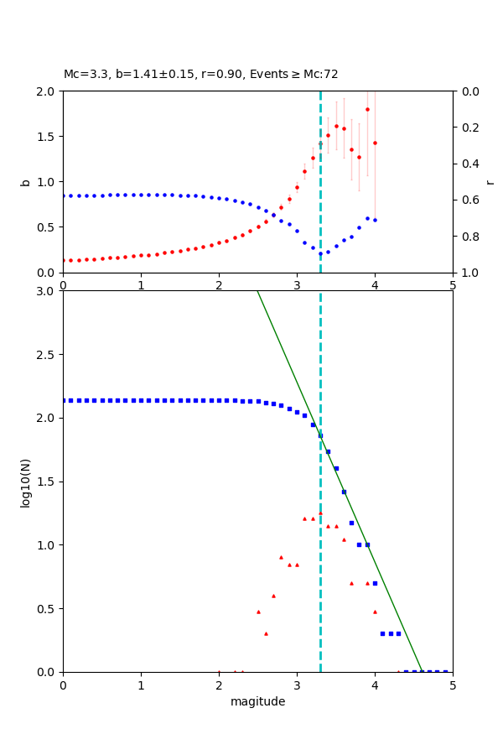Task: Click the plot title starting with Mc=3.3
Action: click(201, 75)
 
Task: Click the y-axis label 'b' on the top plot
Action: click(26, 182)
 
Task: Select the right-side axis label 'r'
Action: click(490, 182)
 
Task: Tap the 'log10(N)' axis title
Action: click(26, 482)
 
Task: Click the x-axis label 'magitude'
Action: click(257, 701)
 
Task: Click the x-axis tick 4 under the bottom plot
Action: click(375, 685)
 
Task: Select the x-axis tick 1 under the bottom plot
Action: click(141, 685)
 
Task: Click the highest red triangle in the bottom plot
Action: click(320, 513)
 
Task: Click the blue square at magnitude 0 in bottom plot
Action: click(64, 400)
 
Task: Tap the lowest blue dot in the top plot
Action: click(320, 254)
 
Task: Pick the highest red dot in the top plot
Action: click(367, 109)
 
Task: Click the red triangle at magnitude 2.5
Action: click(258, 612)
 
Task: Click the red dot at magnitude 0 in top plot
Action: click(64, 260)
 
